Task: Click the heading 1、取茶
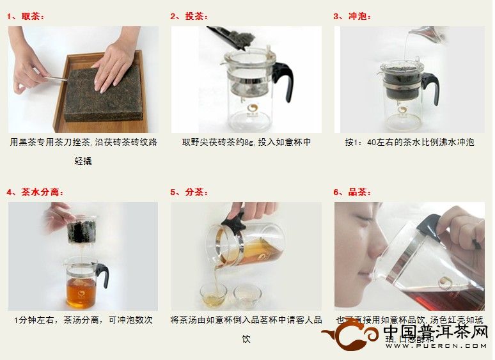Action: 26,16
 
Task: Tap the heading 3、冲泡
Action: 352,16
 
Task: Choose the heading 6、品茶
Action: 352,192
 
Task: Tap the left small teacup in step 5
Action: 213,294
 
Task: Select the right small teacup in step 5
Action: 247,293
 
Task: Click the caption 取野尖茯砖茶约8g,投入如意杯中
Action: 246,142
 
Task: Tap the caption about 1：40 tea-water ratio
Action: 409,142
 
